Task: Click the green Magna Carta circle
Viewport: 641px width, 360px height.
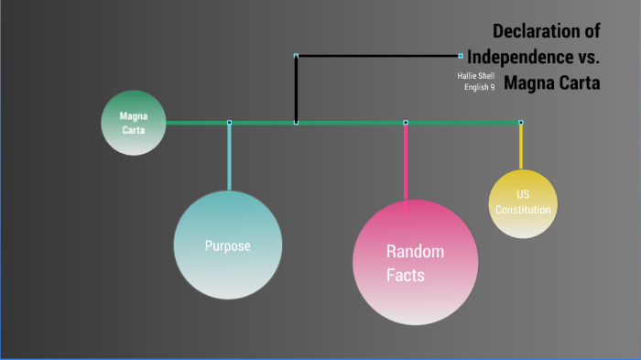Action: point(134,123)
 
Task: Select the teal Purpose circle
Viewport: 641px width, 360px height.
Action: point(227,245)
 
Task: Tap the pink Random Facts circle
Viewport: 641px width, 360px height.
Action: point(415,261)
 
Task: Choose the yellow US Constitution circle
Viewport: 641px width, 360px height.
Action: point(523,203)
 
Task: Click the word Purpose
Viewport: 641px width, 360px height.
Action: point(227,245)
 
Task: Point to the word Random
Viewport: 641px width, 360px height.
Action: point(415,252)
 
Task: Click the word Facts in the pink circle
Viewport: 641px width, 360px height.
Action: point(406,275)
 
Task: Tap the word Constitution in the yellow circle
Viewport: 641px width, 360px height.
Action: point(523,210)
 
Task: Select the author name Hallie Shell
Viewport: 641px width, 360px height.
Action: point(476,75)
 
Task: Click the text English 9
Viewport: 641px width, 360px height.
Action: point(479,87)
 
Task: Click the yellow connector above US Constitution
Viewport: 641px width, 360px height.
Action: point(521,147)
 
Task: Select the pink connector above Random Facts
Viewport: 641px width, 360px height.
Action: point(406,160)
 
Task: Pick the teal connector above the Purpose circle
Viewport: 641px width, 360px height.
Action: point(229,156)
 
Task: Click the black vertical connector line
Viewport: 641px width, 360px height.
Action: point(296,89)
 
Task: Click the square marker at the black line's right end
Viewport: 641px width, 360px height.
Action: point(461,56)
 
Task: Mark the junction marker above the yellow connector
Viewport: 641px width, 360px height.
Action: point(521,123)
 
